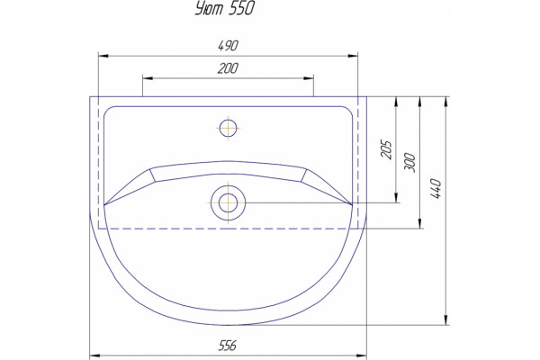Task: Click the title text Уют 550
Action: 224,8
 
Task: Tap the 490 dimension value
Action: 228,46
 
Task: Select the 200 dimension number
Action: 228,68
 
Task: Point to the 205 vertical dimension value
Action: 386,149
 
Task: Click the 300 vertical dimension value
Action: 409,162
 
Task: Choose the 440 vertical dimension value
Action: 436,188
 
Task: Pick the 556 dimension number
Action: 228,346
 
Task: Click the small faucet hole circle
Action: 228,128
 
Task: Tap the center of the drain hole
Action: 228,202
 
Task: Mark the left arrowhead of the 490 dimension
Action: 103,56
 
